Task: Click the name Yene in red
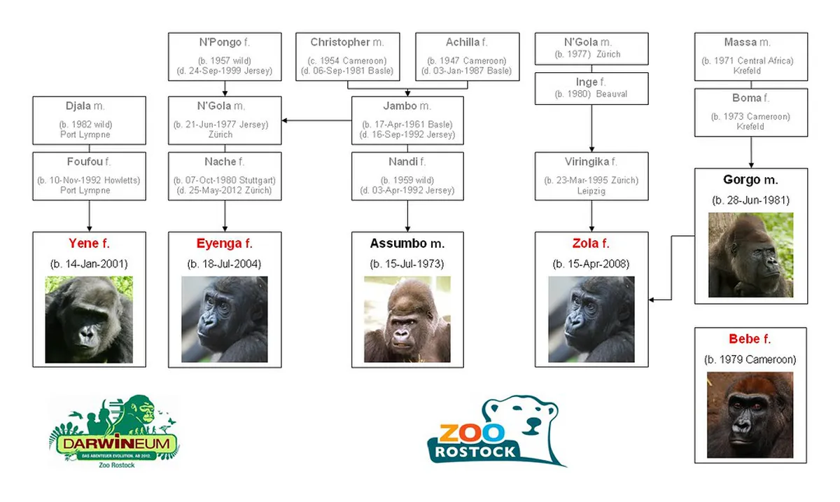coord(83,244)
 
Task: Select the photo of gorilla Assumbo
coord(407,319)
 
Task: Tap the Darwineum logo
coord(114,431)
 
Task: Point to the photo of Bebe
coord(750,414)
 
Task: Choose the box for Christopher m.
coord(348,56)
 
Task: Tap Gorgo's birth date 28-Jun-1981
coord(750,200)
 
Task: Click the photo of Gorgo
coord(750,255)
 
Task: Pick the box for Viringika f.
coord(591,176)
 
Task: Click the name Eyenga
coord(213,244)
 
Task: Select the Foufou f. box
coord(89,176)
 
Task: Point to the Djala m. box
coord(89,120)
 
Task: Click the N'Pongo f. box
coord(225,56)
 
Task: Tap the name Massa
coord(741,43)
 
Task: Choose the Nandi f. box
coord(407,176)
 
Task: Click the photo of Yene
coord(89,319)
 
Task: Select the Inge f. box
coord(591,88)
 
